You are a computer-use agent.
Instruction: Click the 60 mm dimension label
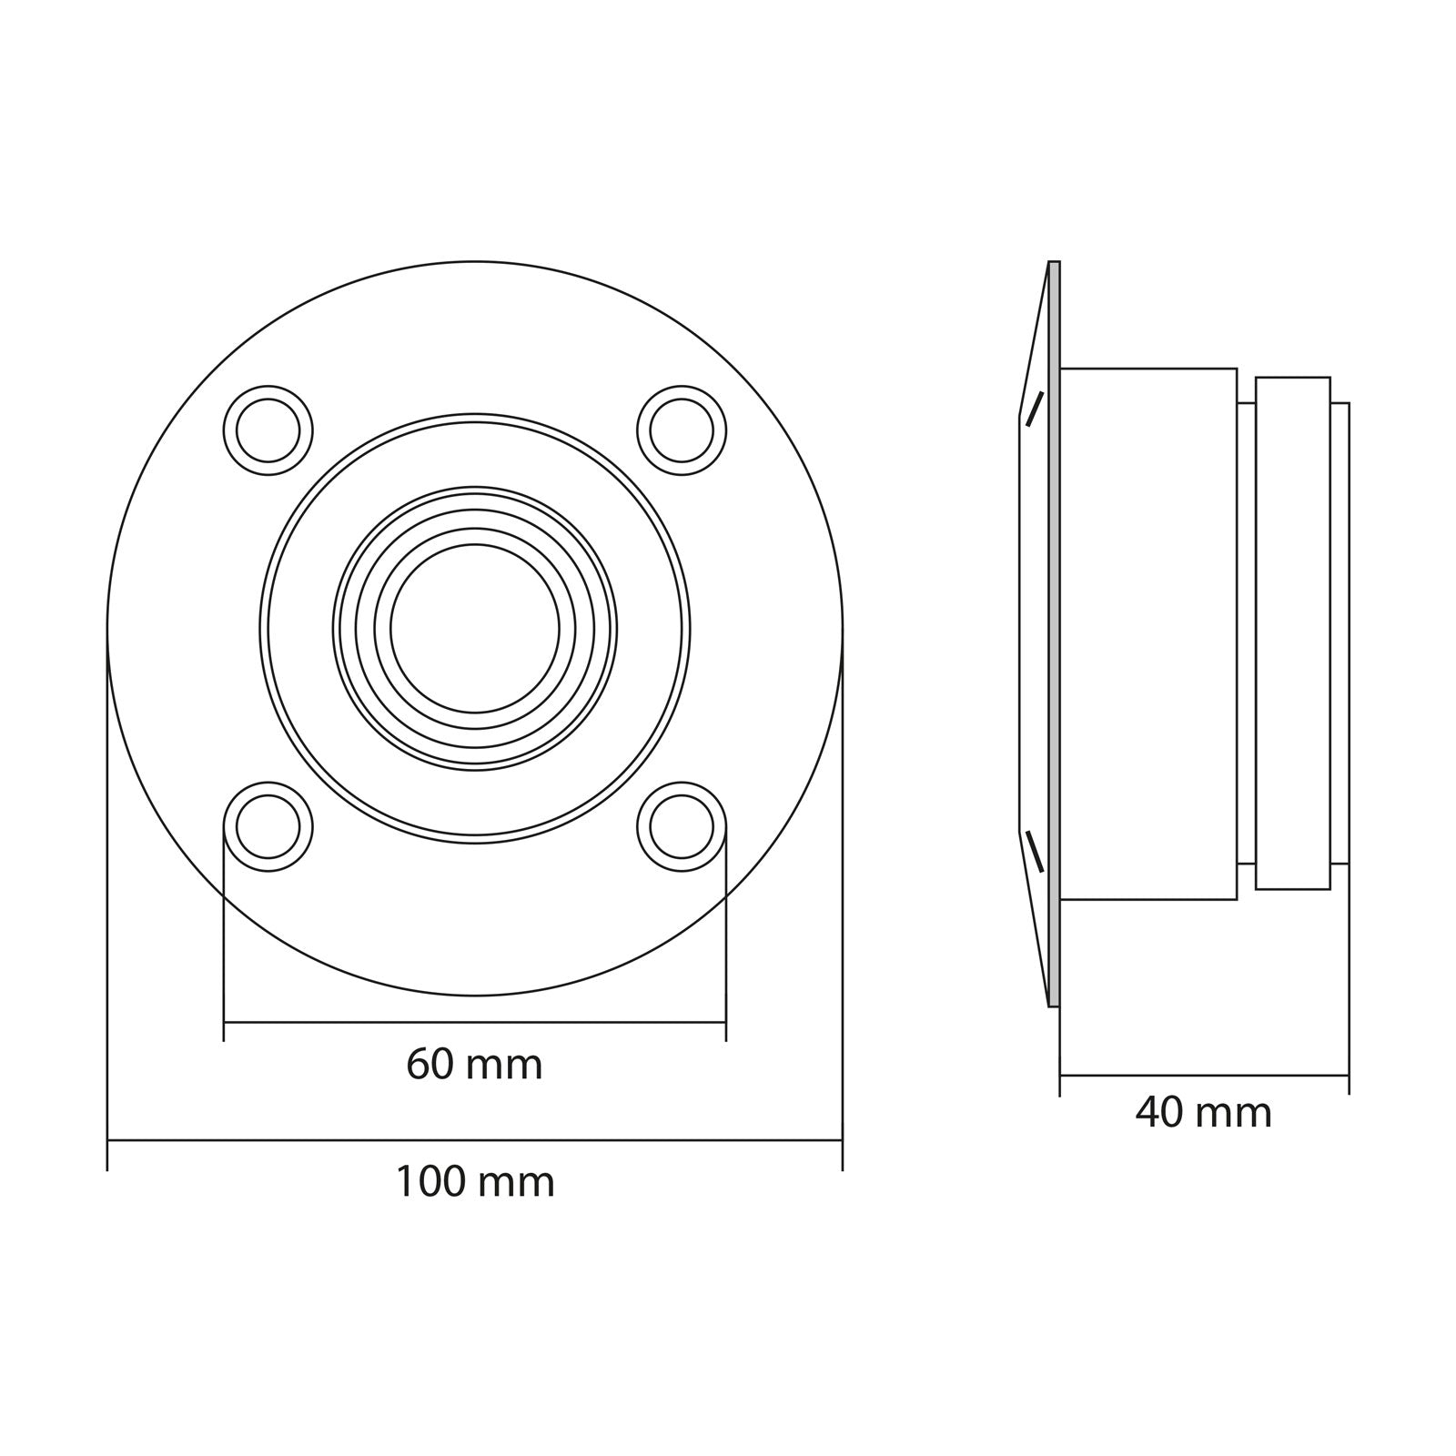tap(474, 1064)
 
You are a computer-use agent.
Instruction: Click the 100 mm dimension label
tap(474, 1182)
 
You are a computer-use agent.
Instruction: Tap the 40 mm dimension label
tap(1203, 1112)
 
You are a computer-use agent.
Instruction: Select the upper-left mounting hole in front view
tap(268, 430)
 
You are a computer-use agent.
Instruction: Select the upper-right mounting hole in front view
tap(682, 430)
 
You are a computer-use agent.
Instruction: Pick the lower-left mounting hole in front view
tap(268, 826)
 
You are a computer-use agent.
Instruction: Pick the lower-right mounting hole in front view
tap(682, 826)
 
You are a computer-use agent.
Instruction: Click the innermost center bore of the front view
tap(474, 628)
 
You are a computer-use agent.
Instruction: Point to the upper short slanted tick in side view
tap(1035, 409)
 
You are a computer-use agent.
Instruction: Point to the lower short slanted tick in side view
tap(1035, 851)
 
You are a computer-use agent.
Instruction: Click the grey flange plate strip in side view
tap(1055, 633)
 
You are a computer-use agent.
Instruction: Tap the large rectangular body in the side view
tap(1148, 633)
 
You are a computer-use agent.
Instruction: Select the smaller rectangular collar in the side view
tap(1292, 633)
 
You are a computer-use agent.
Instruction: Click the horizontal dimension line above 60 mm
tap(474, 1022)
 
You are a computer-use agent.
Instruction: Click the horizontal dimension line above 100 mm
tap(474, 1139)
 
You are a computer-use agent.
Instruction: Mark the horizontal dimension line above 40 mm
tap(1203, 1076)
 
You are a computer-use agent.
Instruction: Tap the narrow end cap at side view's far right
tap(1340, 633)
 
